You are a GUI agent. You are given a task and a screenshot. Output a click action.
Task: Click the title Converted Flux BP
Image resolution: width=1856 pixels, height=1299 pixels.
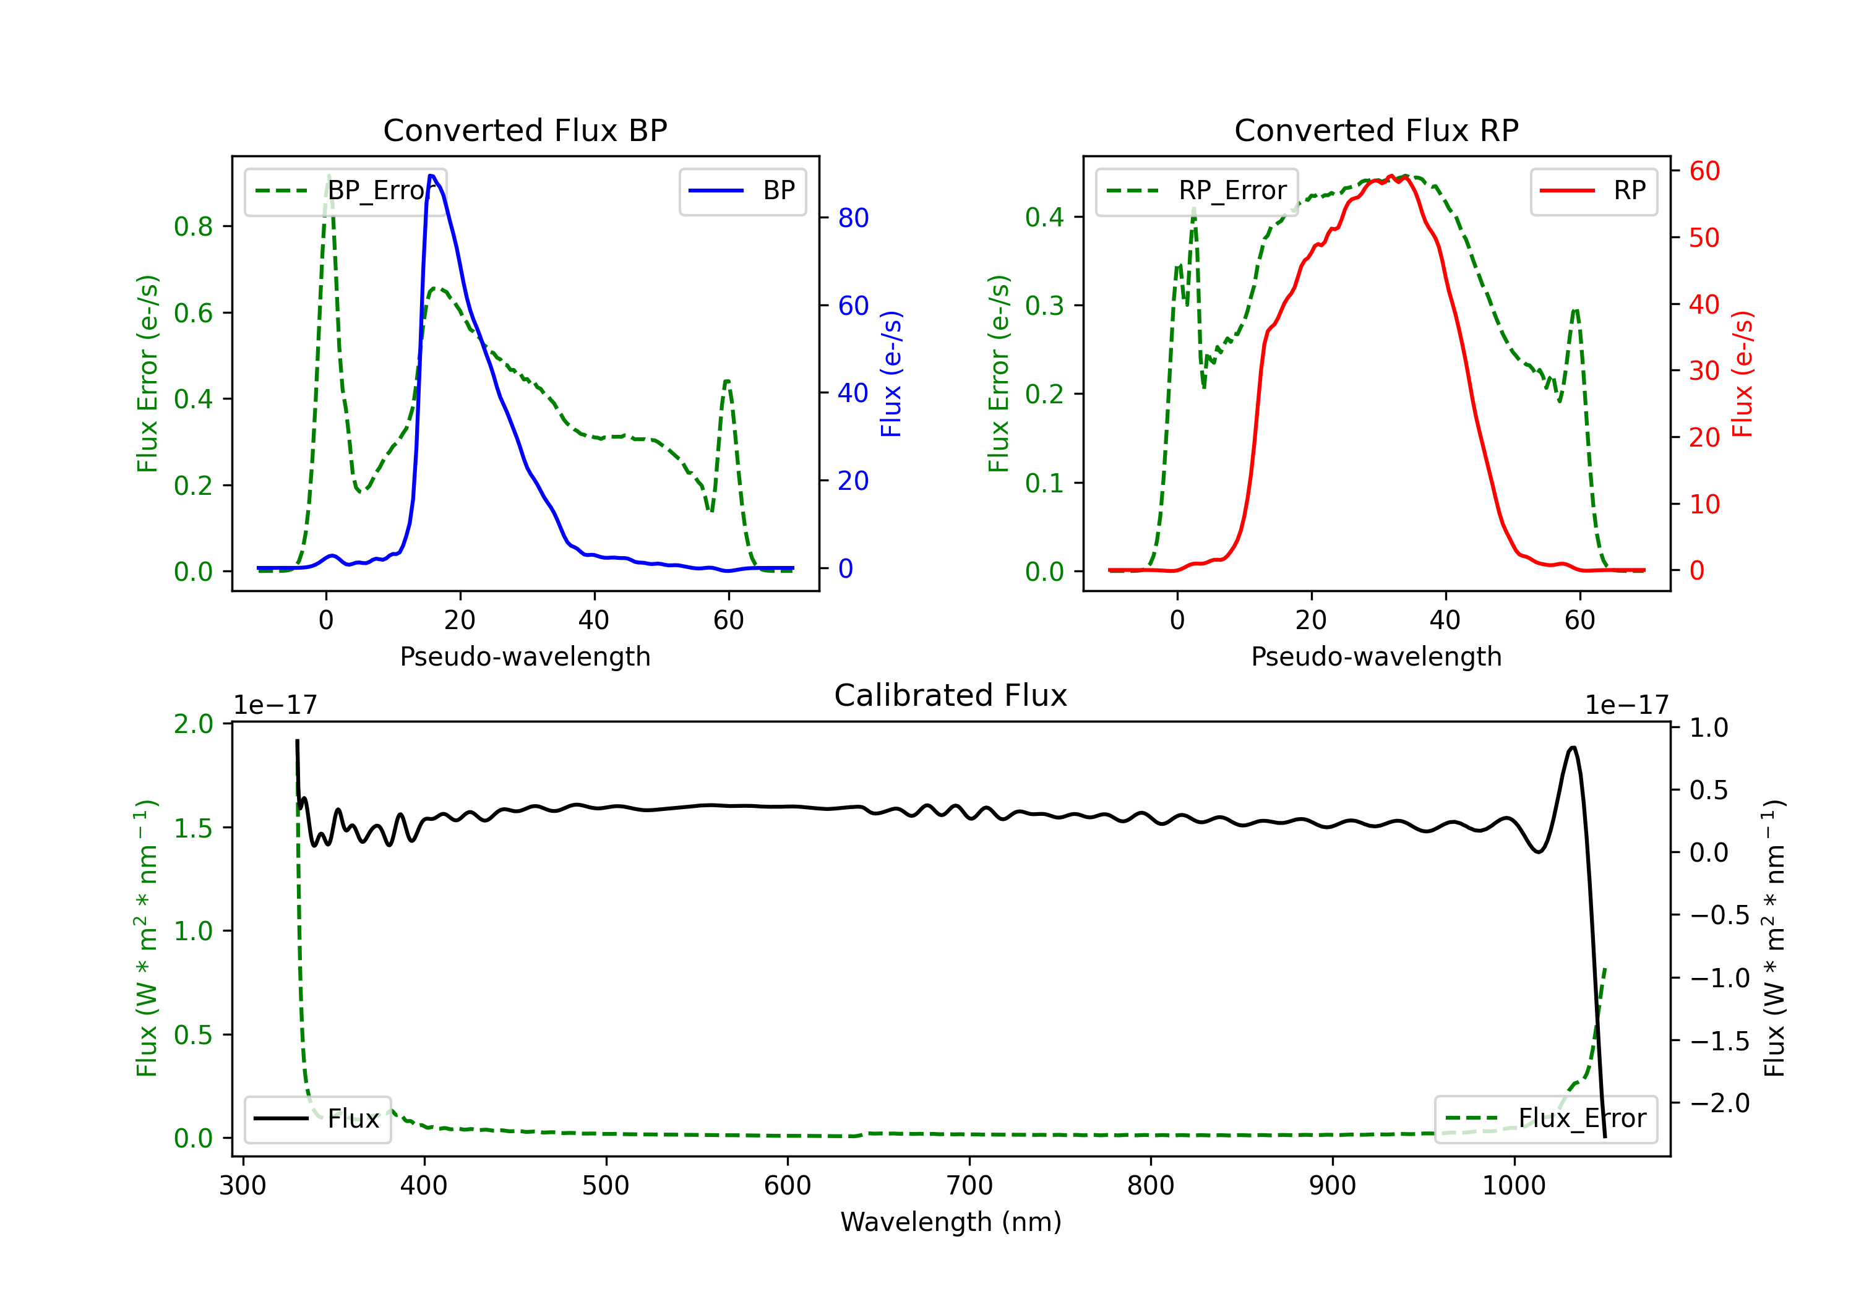pyautogui.click(x=525, y=130)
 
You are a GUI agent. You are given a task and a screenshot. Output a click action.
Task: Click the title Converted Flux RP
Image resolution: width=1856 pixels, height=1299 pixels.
pyautogui.click(x=1377, y=130)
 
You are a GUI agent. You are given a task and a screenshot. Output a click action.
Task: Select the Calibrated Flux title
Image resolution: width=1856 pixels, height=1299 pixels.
pyautogui.click(x=951, y=695)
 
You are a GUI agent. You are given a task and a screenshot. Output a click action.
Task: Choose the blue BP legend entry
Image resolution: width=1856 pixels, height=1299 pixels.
pyautogui.click(x=742, y=191)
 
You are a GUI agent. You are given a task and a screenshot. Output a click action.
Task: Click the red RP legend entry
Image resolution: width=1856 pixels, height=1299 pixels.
pyautogui.click(x=1593, y=191)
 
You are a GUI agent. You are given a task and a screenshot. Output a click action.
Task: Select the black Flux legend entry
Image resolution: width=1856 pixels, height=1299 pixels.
pyautogui.click(x=317, y=1119)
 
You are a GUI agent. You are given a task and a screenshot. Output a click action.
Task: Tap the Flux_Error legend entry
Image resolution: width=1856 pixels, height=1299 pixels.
pyautogui.click(x=1545, y=1119)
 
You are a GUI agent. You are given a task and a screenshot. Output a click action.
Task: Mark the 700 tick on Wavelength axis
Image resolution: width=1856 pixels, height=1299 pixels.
pyautogui.click(x=969, y=1185)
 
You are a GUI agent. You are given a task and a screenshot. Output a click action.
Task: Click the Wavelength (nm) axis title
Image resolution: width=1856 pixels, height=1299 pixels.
pyautogui.click(x=951, y=1222)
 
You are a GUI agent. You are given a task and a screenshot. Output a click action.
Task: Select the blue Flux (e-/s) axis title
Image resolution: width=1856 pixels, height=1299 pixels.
pyautogui.click(x=891, y=374)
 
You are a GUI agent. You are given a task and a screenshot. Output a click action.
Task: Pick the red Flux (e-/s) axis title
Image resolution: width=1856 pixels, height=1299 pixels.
pyautogui.click(x=1742, y=374)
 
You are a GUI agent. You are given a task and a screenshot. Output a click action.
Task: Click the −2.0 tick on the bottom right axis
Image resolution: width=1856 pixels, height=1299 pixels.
pyautogui.click(x=1719, y=1102)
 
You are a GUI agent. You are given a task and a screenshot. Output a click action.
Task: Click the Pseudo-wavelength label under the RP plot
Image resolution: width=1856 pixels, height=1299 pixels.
pyautogui.click(x=1377, y=656)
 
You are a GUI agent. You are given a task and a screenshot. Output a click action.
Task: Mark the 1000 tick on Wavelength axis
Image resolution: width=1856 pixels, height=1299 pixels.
pyautogui.click(x=1514, y=1185)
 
